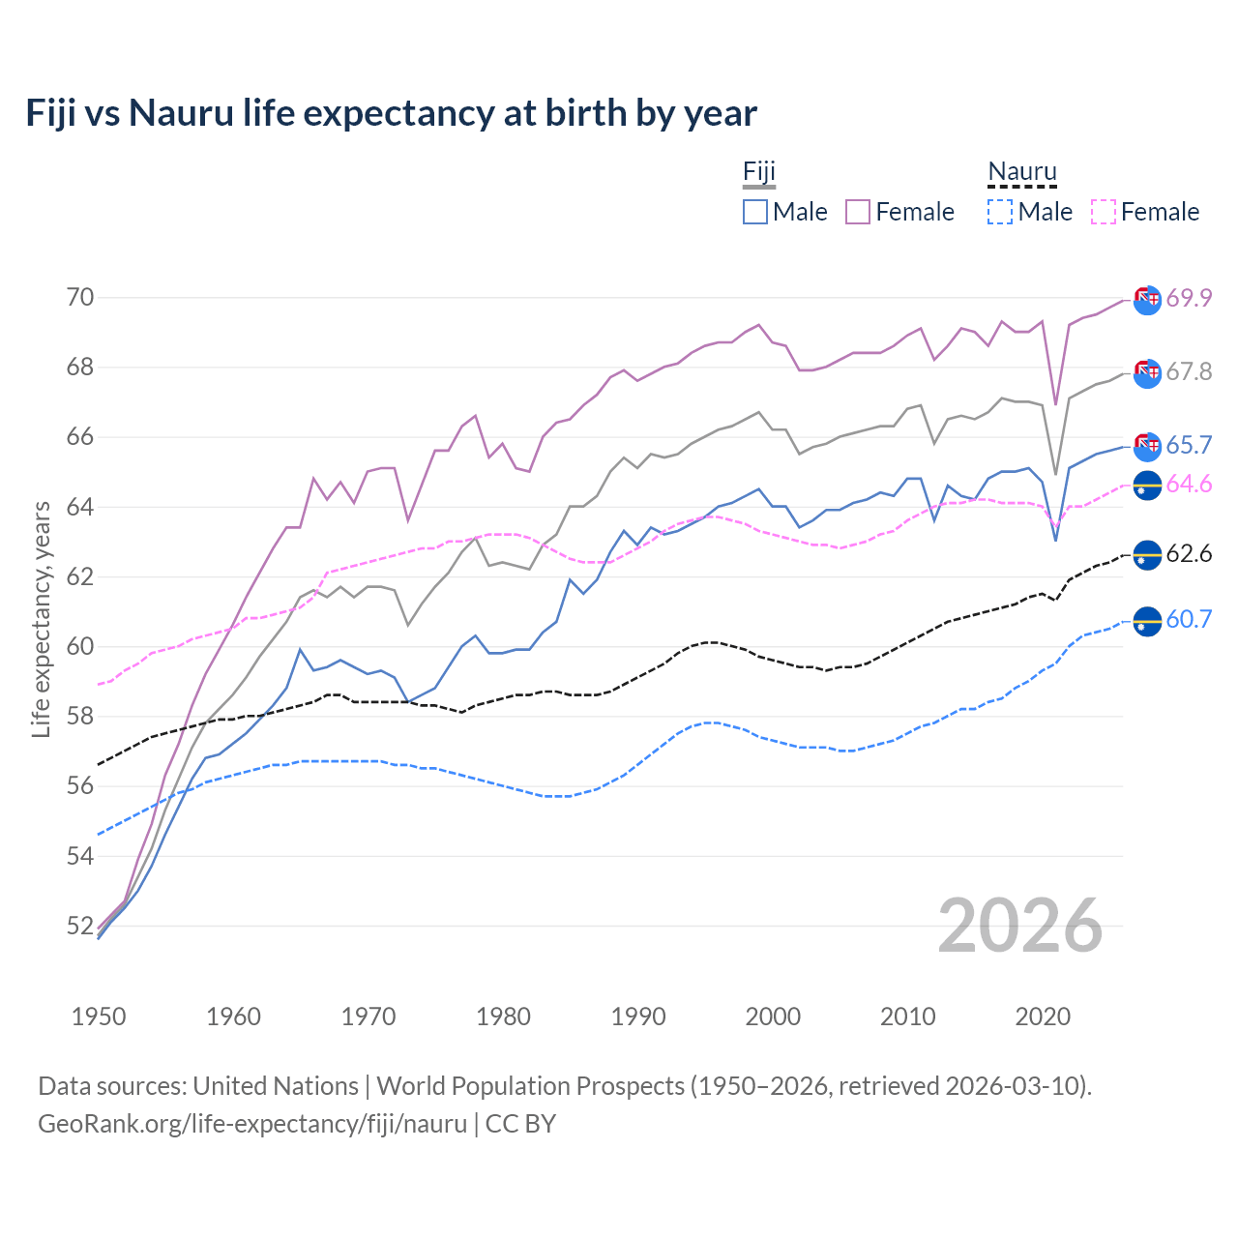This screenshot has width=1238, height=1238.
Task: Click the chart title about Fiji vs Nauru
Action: pyautogui.click(x=391, y=113)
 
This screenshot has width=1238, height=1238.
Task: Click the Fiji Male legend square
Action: pyautogui.click(x=755, y=212)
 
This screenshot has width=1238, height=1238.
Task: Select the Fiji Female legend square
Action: pyautogui.click(x=858, y=212)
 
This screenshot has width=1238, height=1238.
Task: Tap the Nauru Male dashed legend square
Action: pyautogui.click(x=1000, y=212)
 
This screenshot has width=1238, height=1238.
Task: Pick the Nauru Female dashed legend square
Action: pyautogui.click(x=1104, y=212)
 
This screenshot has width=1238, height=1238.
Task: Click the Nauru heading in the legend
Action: pyautogui.click(x=1022, y=172)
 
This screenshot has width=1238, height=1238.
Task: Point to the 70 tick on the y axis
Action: pyautogui.click(x=80, y=297)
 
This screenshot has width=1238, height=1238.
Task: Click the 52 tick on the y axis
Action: pyautogui.click(x=80, y=926)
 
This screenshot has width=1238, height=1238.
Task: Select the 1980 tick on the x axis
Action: pyautogui.click(x=503, y=1017)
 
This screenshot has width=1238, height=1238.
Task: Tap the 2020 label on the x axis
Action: pyautogui.click(x=1043, y=1017)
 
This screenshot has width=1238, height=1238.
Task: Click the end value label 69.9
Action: pyautogui.click(x=1189, y=298)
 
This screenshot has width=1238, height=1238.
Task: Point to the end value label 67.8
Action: pyautogui.click(x=1189, y=371)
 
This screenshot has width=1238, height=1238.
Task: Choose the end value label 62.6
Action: pyautogui.click(x=1189, y=554)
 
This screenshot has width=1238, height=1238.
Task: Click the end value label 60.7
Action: pyautogui.click(x=1189, y=620)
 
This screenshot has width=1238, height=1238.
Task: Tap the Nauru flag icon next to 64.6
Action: pyautogui.click(x=1147, y=486)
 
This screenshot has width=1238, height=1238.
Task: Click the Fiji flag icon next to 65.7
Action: pyautogui.click(x=1147, y=446)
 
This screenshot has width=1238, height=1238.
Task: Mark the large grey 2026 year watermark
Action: pyautogui.click(x=1020, y=926)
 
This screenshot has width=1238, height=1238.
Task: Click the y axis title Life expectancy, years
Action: pyautogui.click(x=41, y=619)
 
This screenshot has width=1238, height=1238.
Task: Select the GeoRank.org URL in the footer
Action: pyautogui.click(x=252, y=1124)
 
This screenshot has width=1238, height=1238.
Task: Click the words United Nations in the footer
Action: pyautogui.click(x=276, y=1086)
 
